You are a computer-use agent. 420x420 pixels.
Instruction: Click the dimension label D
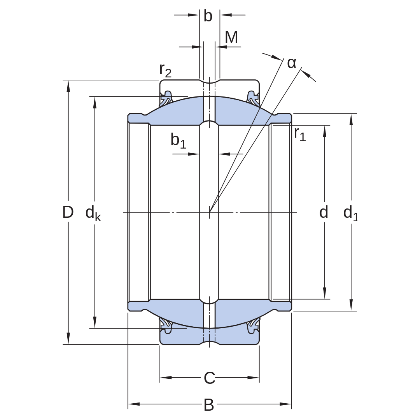68,212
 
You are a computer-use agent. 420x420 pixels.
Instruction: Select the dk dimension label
93,213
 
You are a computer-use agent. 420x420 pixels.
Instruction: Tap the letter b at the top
208,16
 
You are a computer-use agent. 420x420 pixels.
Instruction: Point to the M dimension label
231,37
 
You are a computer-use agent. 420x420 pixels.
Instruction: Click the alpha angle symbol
292,63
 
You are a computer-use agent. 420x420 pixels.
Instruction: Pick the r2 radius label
165,70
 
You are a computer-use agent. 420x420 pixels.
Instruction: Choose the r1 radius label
300,134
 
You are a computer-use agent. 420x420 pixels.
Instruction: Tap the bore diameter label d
324,212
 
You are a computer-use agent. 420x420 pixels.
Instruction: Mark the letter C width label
210,378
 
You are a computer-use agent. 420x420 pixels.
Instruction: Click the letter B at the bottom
209,405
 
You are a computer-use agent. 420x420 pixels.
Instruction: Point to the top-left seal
166,99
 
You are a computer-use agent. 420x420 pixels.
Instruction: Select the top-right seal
253,99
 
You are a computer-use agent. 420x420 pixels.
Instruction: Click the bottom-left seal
166,325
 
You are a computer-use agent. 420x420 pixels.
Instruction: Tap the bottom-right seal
253,325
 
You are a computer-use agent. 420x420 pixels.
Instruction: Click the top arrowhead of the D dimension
68,86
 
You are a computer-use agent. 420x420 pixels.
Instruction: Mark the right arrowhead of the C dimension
253,378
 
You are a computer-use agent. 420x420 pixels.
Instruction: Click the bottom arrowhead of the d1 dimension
351,305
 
